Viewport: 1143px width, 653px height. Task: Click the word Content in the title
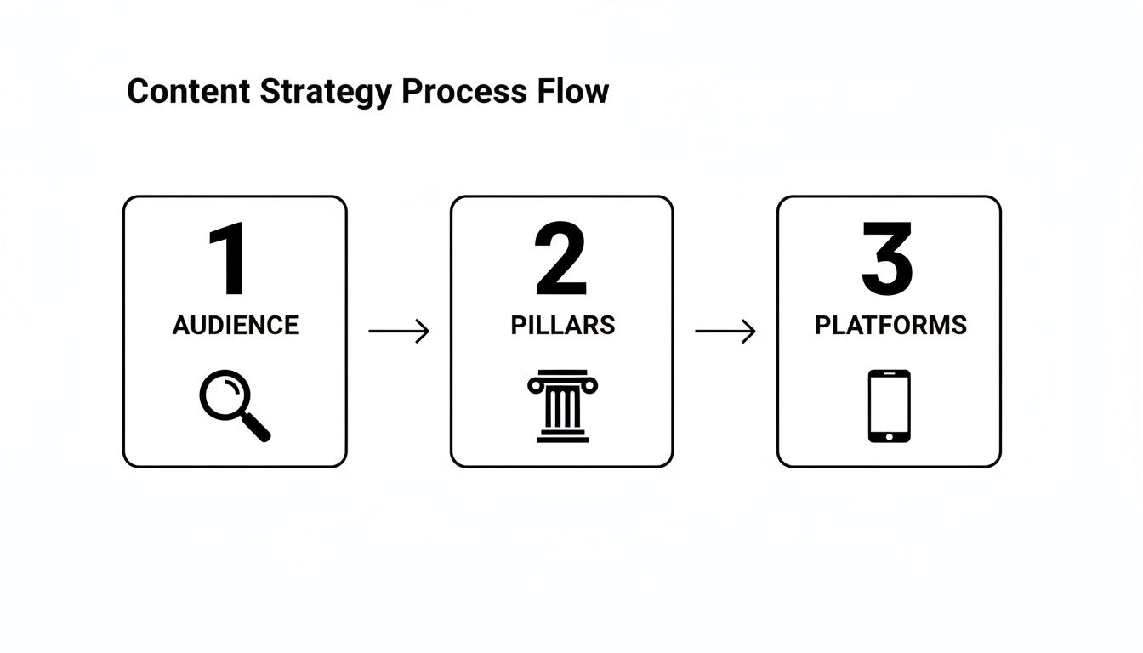click(x=189, y=92)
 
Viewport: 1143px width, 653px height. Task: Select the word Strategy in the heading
click(x=327, y=92)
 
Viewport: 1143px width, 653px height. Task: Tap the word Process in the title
click(x=464, y=92)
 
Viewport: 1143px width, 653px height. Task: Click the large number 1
click(x=228, y=259)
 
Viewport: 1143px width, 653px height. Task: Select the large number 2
click(x=561, y=259)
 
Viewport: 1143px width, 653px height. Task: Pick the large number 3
click(x=887, y=259)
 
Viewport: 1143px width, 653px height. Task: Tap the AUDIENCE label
click(x=236, y=326)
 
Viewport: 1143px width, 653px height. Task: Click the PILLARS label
click(x=562, y=326)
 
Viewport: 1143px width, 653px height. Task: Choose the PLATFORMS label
click(x=890, y=326)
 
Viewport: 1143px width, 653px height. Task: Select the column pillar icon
click(x=562, y=406)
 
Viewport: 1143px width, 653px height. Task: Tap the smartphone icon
click(x=889, y=406)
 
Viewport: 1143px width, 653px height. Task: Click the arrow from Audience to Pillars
click(x=399, y=331)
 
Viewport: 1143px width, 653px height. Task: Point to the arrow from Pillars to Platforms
click(x=725, y=331)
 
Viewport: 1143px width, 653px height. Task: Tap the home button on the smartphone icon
click(x=889, y=436)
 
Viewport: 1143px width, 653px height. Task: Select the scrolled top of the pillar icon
click(x=562, y=382)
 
